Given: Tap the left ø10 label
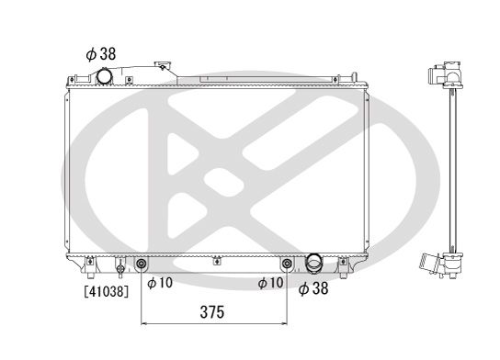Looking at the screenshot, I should pyautogui.click(x=159, y=284).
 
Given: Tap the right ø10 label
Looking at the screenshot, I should pyautogui.click(x=271, y=284).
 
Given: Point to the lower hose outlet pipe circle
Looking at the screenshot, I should pyautogui.click(x=314, y=264).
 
